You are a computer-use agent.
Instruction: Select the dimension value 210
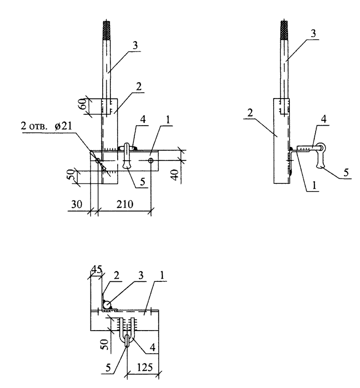(x=125, y=205)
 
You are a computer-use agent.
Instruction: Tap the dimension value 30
(x=77, y=205)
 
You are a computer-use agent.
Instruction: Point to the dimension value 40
(x=175, y=175)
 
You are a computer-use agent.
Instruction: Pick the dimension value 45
(x=96, y=269)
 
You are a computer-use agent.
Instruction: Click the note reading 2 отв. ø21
(x=46, y=126)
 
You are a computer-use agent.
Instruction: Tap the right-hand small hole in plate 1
(x=151, y=161)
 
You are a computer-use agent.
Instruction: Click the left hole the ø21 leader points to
(x=98, y=161)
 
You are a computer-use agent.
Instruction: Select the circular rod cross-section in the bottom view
(x=107, y=304)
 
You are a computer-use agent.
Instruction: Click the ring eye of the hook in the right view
(x=322, y=148)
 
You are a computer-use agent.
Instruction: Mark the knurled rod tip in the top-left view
(x=107, y=30)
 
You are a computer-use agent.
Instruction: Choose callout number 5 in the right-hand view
(x=346, y=172)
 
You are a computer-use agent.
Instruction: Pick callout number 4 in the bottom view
(x=152, y=347)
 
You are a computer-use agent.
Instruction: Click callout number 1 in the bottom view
(x=162, y=276)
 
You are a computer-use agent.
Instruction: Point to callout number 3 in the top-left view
(x=135, y=46)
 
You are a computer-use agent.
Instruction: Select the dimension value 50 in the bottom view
(x=105, y=344)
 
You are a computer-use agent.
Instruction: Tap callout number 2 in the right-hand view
(x=250, y=113)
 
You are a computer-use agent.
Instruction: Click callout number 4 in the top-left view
(x=143, y=120)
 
